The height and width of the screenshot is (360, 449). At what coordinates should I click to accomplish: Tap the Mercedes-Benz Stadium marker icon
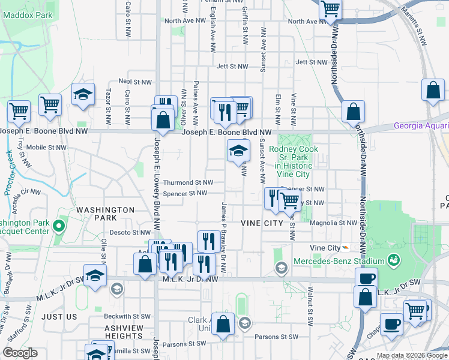pos(394,260)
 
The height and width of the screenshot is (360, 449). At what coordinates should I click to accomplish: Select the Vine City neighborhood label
pos(262,223)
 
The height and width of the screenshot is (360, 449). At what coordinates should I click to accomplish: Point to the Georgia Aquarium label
pos(421,125)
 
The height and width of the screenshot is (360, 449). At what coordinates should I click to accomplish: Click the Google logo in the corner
pos(20,353)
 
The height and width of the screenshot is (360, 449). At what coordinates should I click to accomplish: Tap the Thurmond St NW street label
pos(188,182)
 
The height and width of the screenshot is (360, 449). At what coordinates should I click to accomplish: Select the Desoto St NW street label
pos(130,232)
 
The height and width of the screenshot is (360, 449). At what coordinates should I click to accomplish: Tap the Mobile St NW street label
pos(46,147)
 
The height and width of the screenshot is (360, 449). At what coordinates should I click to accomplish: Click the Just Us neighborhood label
pos(60,316)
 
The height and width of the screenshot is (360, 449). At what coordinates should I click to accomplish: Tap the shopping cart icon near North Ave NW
pos(330,9)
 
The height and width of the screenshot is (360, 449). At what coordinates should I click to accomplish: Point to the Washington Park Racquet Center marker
pos(58,227)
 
